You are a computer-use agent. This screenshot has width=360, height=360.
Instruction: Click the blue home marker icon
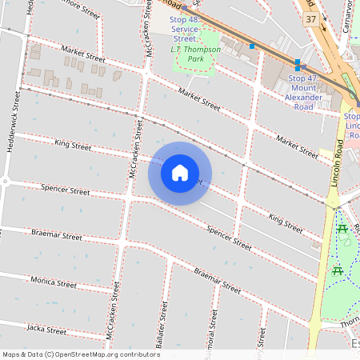180,173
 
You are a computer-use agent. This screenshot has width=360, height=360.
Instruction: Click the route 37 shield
311,18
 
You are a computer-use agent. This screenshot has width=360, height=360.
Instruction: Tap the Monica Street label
53,281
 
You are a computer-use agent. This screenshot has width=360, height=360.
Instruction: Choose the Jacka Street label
46,329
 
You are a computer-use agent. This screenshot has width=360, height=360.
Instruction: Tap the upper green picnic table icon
343,230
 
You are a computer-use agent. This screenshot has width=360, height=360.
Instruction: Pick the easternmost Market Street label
297,146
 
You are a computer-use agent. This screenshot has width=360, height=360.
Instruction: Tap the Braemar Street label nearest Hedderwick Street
56,236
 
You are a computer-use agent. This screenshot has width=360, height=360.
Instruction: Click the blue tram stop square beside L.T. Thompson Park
252,46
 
